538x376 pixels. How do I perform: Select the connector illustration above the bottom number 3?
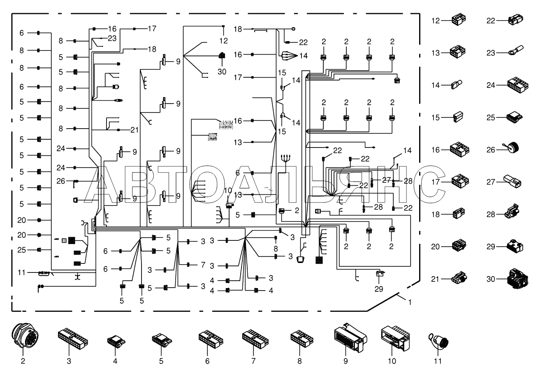pyautogui.click(x=73, y=338)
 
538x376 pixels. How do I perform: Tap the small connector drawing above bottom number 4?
pyautogui.click(x=116, y=341)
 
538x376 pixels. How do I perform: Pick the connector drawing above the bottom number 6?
pyautogui.click(x=211, y=339)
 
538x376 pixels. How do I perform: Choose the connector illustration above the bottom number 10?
pyautogui.click(x=395, y=338)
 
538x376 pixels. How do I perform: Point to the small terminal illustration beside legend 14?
pyautogui.click(x=457, y=85)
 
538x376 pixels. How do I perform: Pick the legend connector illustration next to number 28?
pyautogui.click(x=512, y=212)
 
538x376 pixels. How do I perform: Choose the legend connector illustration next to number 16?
pyautogui.click(x=459, y=150)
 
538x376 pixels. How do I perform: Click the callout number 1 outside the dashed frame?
pyautogui.click(x=410, y=302)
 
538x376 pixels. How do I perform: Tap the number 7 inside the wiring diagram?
pyautogui.click(x=203, y=265)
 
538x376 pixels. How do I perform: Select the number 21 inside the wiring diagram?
pyautogui.click(x=134, y=130)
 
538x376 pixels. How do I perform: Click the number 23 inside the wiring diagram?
pyautogui.click(x=112, y=38)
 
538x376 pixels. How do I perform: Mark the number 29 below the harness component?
pyautogui.click(x=379, y=289)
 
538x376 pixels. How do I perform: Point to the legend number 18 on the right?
pyautogui.click(x=436, y=214)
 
